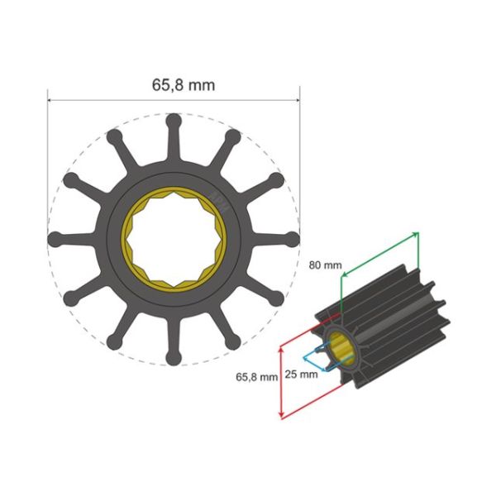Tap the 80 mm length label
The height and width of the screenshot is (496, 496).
(325, 265)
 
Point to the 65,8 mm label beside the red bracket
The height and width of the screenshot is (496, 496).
(255, 376)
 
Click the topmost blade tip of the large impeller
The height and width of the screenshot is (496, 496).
(173, 120)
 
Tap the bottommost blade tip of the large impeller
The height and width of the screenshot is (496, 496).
(173, 357)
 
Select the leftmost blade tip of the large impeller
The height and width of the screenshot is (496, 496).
(55, 239)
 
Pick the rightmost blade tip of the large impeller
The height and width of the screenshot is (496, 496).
(291, 239)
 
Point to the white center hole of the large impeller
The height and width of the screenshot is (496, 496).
(173, 239)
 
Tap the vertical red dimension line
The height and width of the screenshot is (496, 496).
(283, 380)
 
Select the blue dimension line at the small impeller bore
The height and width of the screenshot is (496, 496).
(308, 358)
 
